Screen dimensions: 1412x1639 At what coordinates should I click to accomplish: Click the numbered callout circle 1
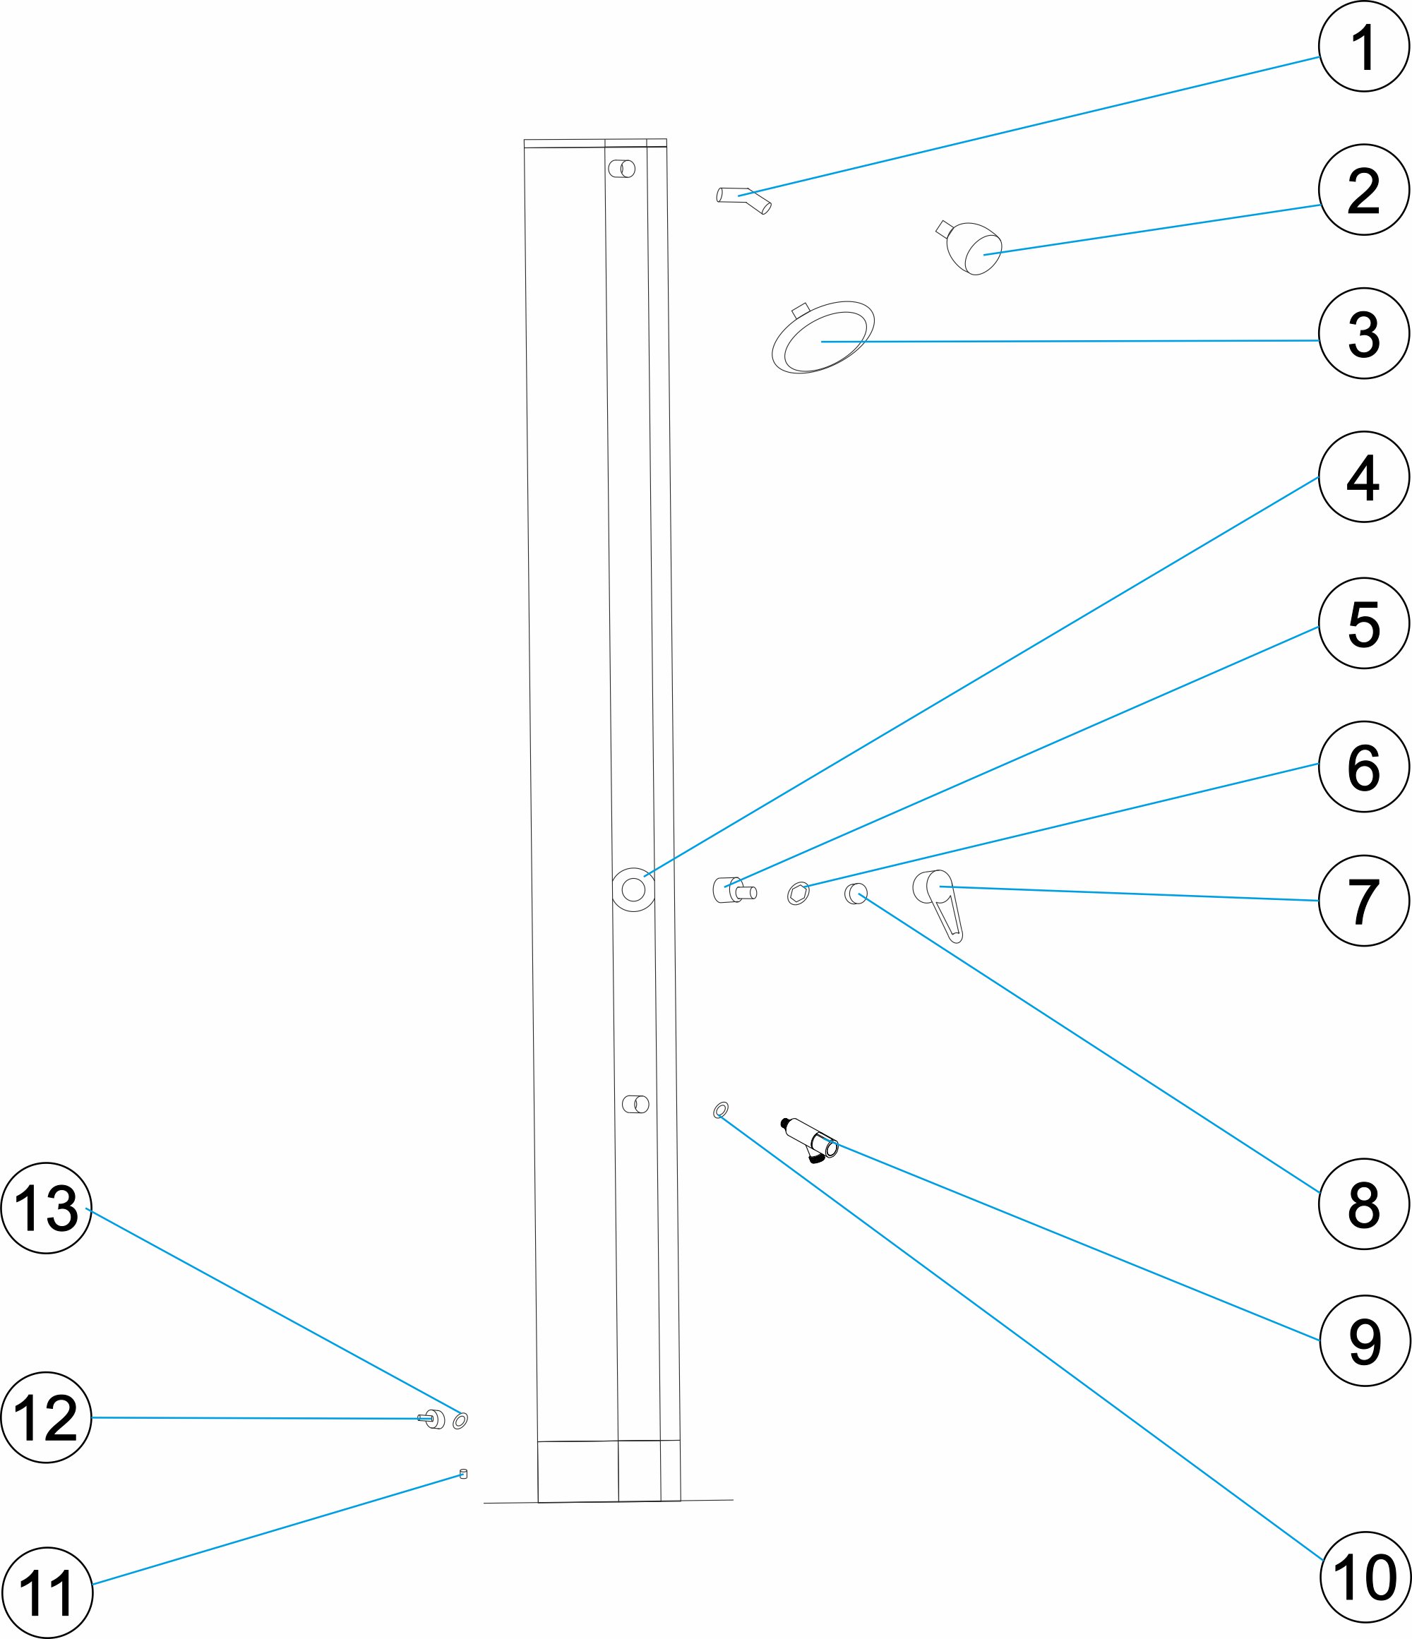click(1364, 47)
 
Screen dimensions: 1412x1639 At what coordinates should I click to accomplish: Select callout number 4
click(1364, 476)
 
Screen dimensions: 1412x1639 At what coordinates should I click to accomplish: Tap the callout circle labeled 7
click(1364, 900)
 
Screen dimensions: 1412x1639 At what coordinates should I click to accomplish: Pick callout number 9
click(1365, 1341)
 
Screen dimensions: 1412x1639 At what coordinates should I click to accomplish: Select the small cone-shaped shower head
click(970, 248)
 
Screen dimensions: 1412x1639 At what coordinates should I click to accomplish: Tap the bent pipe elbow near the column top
click(743, 199)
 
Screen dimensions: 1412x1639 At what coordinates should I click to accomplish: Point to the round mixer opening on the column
click(633, 890)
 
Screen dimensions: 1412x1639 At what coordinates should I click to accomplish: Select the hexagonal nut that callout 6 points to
click(798, 894)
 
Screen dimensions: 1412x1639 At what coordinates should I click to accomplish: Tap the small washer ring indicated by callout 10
click(721, 1110)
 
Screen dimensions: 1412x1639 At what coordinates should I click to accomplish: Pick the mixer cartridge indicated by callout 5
click(734, 890)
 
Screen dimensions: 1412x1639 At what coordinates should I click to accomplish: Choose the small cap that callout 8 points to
click(856, 894)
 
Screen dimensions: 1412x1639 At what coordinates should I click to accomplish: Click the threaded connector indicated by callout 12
click(431, 1419)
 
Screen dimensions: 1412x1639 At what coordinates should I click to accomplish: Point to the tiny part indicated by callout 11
click(464, 1474)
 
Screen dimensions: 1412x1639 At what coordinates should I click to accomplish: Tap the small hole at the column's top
click(622, 169)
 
